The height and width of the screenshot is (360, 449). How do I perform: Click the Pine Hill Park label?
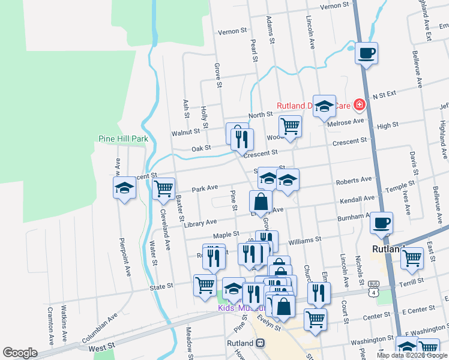click(x=123, y=139)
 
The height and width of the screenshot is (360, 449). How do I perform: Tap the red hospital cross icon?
click(x=360, y=106)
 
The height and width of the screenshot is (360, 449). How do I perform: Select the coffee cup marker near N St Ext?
click(x=366, y=53)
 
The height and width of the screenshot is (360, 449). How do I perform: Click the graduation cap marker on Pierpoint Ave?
click(x=124, y=188)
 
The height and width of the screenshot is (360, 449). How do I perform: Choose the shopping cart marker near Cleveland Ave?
click(x=163, y=188)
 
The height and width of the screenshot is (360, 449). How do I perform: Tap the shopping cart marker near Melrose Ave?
click(x=290, y=127)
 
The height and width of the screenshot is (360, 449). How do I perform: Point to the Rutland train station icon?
click(x=260, y=343)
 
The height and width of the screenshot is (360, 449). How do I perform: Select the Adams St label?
click(x=271, y=29)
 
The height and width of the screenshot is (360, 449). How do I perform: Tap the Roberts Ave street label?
click(x=354, y=181)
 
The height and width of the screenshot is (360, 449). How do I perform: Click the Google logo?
click(x=20, y=353)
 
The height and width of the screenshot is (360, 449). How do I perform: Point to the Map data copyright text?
click(x=412, y=355)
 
